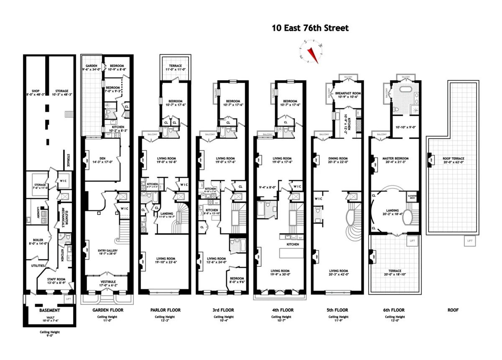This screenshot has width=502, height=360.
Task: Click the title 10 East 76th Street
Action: click(310, 28)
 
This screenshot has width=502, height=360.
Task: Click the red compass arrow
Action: click(312, 54)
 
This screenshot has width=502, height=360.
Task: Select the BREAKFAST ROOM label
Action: click(346, 93)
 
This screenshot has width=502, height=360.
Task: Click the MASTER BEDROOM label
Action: click(395, 158)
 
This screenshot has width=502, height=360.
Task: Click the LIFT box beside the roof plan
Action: click(470, 241)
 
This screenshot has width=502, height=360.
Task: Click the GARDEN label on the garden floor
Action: click(92, 66)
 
